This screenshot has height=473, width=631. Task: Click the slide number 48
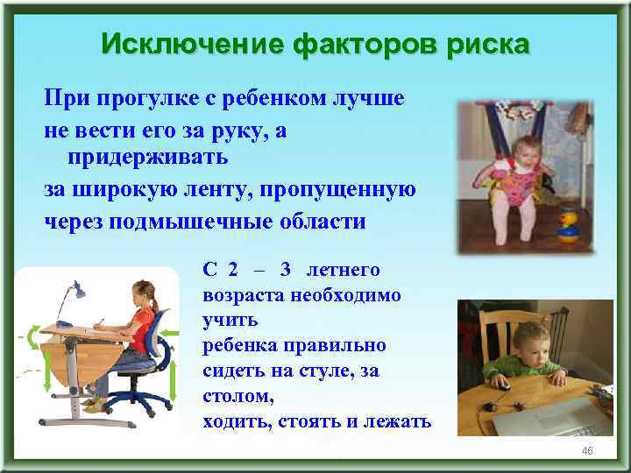587,449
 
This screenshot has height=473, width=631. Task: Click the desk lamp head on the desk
80,287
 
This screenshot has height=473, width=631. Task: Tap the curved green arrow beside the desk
33,337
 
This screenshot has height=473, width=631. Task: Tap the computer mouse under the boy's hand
501,383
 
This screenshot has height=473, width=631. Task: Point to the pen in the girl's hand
102,323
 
